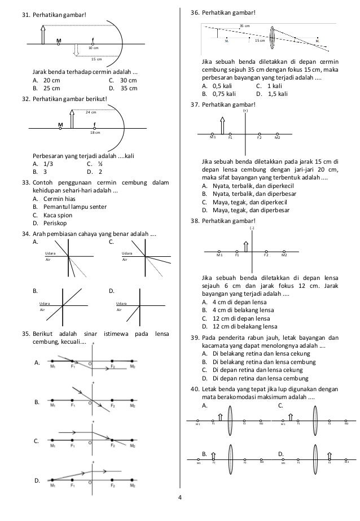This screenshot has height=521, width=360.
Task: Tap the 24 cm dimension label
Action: [x=90, y=112]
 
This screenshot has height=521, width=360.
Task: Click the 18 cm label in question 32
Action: [x=95, y=133]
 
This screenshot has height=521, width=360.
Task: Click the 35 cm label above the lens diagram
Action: [x=244, y=26]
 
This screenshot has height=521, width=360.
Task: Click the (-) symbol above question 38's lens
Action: [x=252, y=227]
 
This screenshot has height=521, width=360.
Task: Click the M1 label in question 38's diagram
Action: [x=219, y=255]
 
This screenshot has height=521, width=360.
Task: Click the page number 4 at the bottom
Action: [x=179, y=513]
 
